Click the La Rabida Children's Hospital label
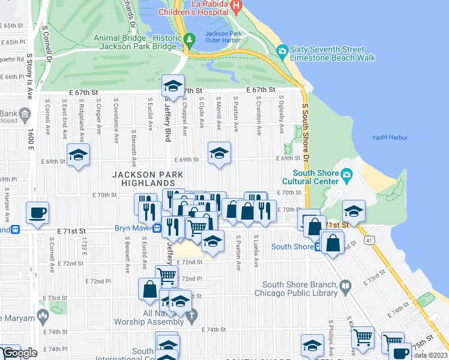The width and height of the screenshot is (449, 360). point(194,8)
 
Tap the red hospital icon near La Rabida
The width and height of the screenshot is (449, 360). point(237,8)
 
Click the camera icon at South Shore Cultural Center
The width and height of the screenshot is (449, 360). point(346,175)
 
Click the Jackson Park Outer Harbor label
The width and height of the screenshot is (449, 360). point(224,37)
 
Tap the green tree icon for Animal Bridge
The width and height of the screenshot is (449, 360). point(190,40)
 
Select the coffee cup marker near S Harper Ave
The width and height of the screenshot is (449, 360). point(38,212)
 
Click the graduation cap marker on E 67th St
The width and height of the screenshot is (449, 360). point(173,85)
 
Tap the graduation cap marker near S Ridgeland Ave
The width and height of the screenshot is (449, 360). point(79,155)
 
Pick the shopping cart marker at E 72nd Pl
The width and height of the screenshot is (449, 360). point(167,276)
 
